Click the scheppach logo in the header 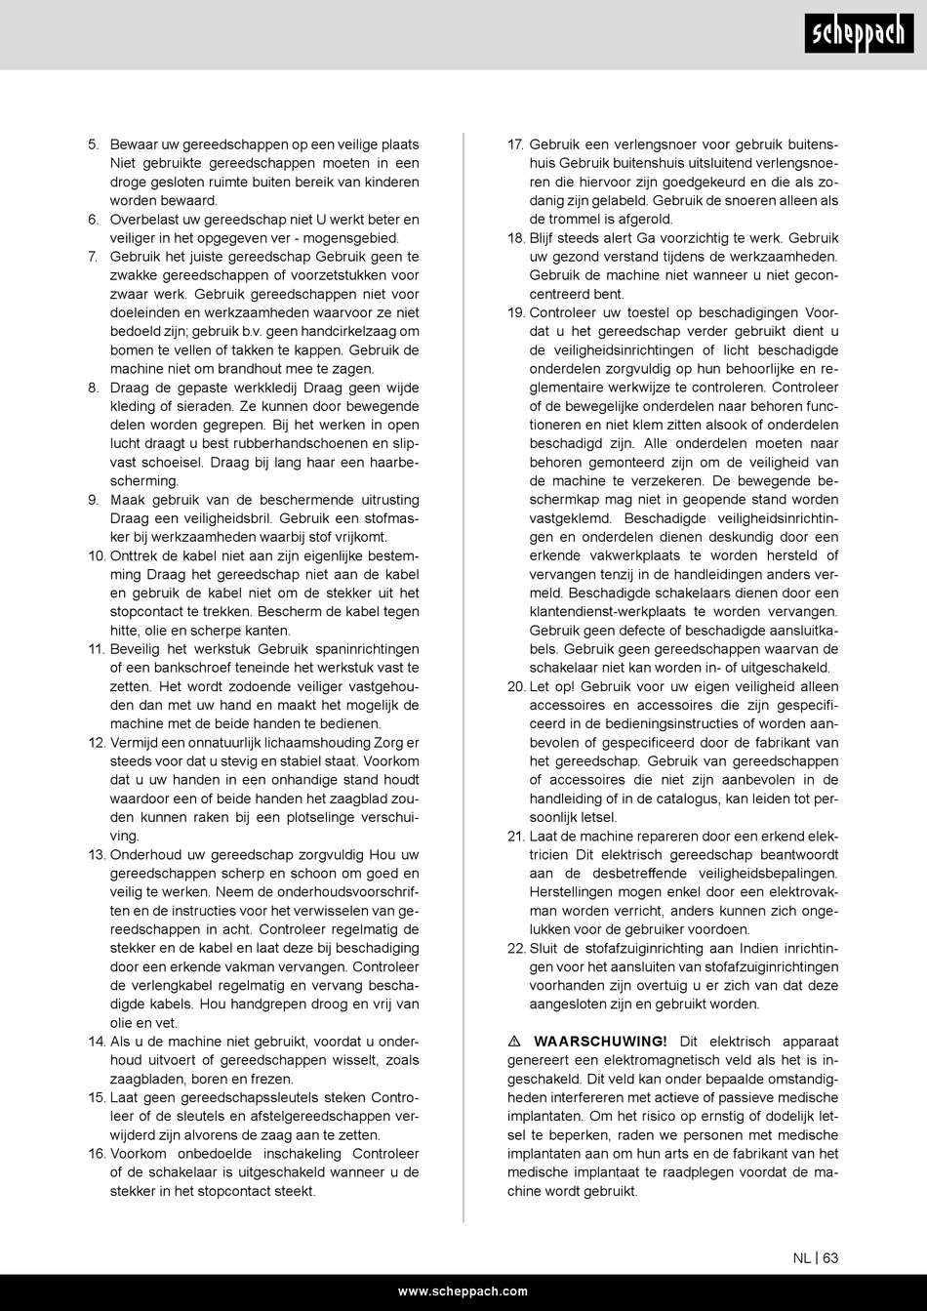860,35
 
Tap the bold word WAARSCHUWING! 601,1042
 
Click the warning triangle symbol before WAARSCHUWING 514,1042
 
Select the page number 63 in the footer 829,1258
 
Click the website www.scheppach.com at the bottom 463,1291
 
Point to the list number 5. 94,144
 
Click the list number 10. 96,556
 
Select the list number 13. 96,854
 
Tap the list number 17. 516,144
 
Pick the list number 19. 516,313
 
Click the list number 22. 516,948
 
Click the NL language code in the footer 801,1258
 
